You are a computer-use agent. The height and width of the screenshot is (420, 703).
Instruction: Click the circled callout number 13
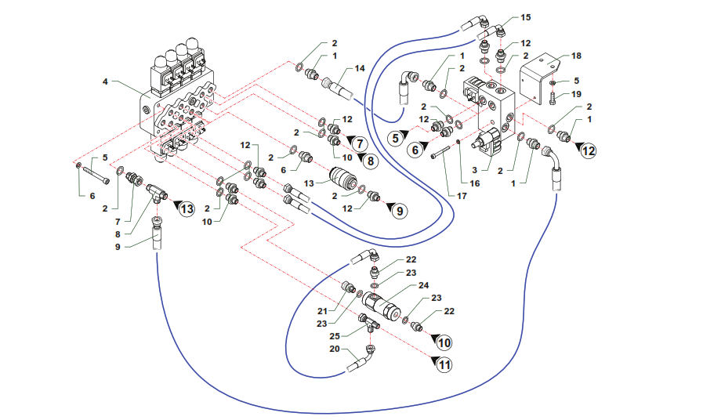[x=186, y=208]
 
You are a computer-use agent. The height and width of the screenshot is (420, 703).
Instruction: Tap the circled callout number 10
[x=444, y=342]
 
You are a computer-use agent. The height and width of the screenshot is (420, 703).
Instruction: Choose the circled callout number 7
[x=358, y=143]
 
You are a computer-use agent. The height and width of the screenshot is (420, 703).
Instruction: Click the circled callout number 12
[x=588, y=149]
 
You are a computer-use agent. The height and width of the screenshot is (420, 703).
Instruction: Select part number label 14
[x=360, y=69]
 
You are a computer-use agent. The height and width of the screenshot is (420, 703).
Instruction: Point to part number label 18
[x=577, y=57]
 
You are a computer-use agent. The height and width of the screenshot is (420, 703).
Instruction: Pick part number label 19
[x=577, y=94]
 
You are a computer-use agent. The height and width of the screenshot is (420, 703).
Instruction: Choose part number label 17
[x=462, y=196]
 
